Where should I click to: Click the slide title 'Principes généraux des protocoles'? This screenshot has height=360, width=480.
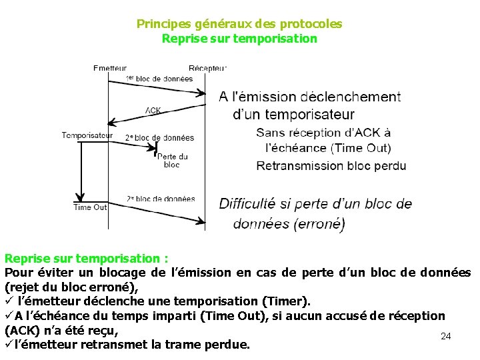(239, 24)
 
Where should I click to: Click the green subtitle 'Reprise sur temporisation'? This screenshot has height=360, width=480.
(239, 39)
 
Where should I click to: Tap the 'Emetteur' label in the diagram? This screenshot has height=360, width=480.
(110, 67)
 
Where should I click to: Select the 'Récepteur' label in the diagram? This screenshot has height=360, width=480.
(207, 67)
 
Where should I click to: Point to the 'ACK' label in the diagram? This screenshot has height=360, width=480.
(153, 110)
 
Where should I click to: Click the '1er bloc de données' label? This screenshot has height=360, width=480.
(159, 79)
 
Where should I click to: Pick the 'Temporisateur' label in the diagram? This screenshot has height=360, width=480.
(87, 135)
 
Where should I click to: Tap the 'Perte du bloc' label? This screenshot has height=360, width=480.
(172, 160)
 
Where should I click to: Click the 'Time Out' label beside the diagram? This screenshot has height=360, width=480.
(90, 207)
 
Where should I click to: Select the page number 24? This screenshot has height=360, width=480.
(446, 337)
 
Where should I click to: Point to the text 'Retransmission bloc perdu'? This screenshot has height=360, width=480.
(331, 165)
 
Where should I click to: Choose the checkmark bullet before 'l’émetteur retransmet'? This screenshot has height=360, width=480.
(9, 345)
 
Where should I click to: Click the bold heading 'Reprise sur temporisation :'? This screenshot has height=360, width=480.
(87, 258)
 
